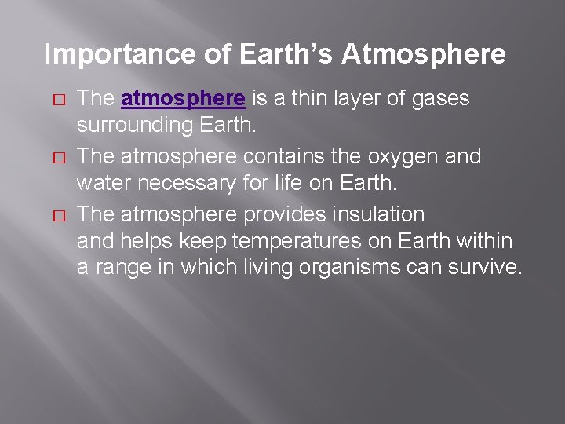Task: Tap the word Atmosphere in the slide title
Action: click(x=424, y=55)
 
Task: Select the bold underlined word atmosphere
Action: click(x=184, y=99)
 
